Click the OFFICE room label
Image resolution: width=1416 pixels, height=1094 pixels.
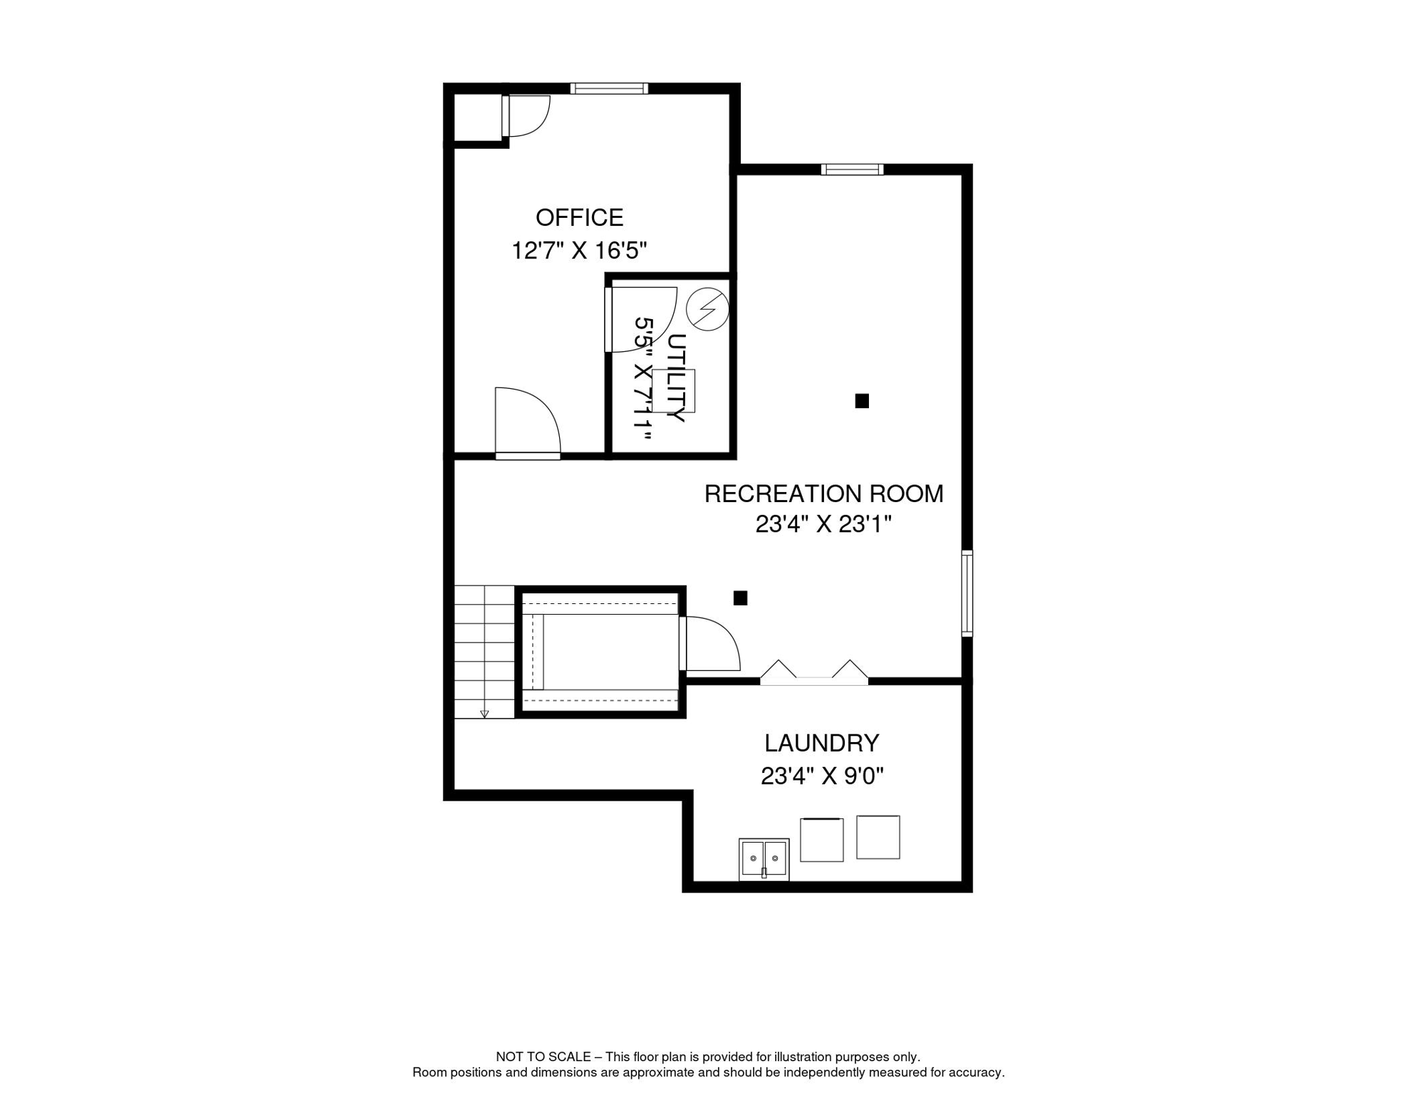pos(579,217)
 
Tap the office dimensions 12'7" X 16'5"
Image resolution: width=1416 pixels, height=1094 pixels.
pos(579,251)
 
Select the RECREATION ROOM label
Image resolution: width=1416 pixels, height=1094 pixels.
pos(823,494)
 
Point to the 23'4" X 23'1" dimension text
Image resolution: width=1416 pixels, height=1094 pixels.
pos(823,525)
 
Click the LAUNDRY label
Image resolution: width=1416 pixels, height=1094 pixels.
pos(822,744)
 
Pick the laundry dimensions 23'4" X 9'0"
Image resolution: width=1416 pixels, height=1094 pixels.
pos(822,776)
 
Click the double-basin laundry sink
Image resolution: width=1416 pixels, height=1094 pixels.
pos(764,859)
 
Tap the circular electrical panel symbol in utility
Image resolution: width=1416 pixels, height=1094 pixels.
pos(707,309)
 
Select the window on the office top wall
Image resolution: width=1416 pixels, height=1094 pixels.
pos(609,88)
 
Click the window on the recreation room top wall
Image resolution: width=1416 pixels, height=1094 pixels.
pos(852,170)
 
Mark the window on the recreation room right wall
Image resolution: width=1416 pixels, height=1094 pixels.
pos(967,593)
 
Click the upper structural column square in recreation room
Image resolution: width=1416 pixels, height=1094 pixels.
pos(862,401)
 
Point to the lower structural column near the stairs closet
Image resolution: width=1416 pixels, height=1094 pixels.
pos(741,598)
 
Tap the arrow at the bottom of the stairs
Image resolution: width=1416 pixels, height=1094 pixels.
pos(484,714)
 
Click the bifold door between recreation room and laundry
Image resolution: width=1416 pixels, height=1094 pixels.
pos(814,674)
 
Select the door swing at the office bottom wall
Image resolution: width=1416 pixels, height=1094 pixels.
pos(528,423)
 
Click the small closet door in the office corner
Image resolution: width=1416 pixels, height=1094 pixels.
pos(526,115)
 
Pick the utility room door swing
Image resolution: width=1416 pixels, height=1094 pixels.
pos(640,319)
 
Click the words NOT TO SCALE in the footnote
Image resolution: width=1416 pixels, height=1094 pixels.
pos(543,1057)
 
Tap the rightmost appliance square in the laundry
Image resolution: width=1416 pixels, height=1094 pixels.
pos(878,838)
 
